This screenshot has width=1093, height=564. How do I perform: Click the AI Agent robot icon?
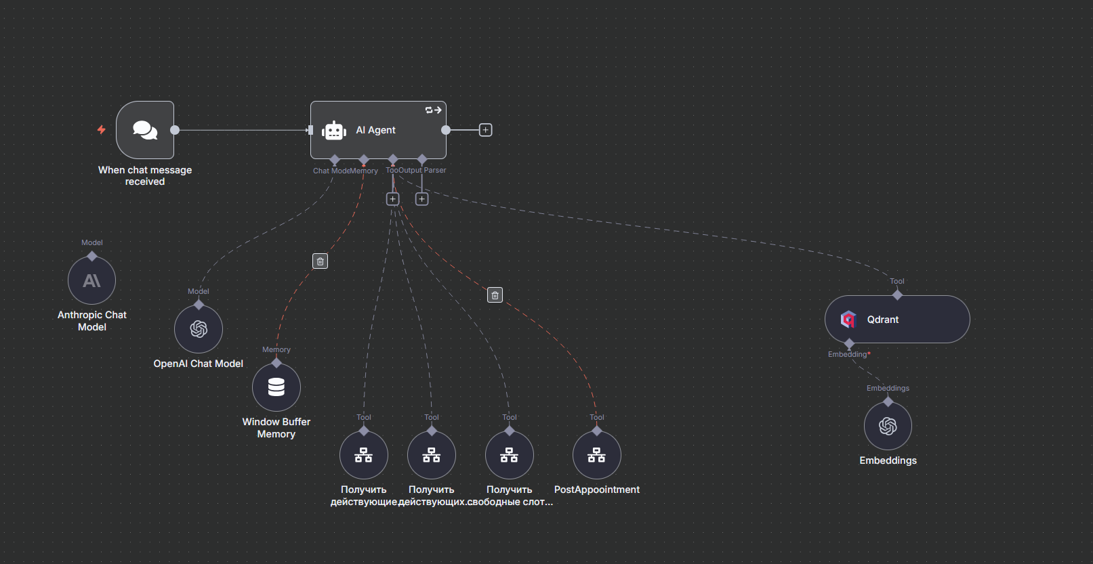tap(334, 131)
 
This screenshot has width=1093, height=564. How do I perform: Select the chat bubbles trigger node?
tap(145, 130)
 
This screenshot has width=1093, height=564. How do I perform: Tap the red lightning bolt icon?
tap(102, 129)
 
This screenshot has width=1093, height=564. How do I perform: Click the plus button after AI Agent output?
tap(485, 130)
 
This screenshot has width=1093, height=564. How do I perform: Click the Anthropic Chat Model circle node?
tap(91, 280)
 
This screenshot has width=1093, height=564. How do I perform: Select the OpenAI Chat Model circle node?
tap(199, 329)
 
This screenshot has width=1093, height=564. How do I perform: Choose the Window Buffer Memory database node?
tap(276, 387)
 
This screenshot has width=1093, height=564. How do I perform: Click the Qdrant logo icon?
tap(848, 320)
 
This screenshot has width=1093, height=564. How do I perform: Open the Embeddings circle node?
tap(888, 426)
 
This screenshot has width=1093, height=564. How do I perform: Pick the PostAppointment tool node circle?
tap(596, 455)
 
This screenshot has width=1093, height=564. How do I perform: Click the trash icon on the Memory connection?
tap(321, 261)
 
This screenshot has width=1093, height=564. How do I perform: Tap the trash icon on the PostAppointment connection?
tap(495, 295)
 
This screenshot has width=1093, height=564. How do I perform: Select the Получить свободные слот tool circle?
tap(509, 455)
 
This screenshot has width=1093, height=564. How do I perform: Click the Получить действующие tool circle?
tap(364, 455)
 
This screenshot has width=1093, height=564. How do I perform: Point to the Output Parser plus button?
tap(421, 199)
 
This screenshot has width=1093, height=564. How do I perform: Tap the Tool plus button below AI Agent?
tap(392, 199)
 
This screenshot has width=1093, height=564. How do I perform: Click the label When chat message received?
tap(145, 175)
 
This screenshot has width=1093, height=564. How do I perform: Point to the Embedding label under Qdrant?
tap(847, 354)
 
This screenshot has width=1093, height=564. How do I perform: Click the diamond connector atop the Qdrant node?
tap(897, 295)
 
